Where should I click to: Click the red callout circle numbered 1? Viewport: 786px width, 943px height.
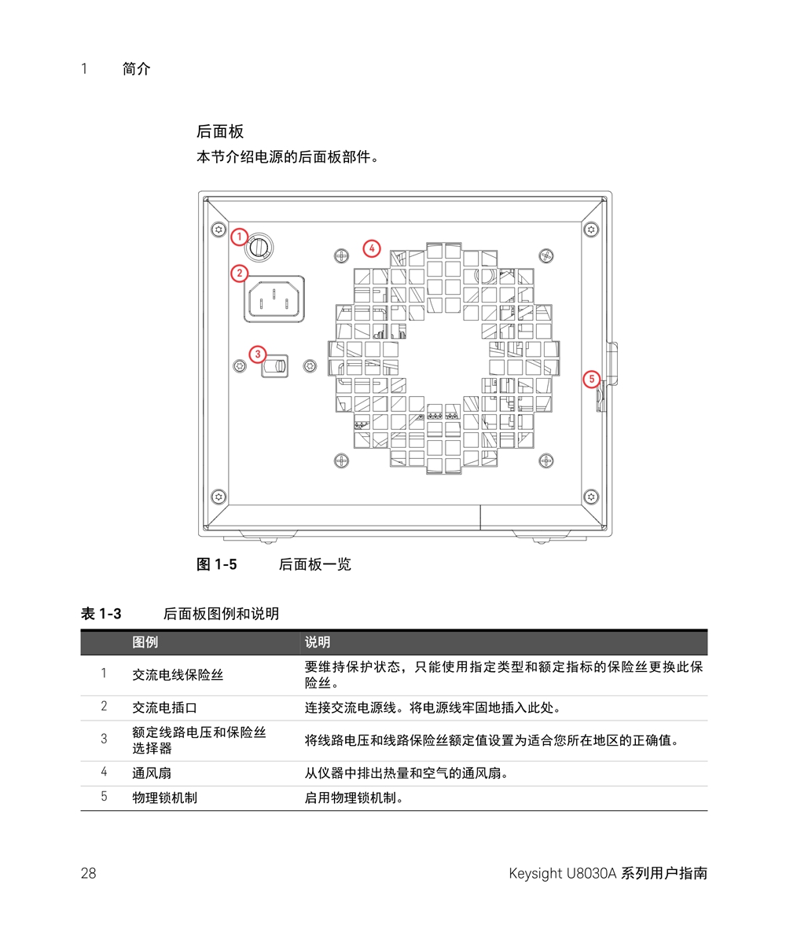coord(240,236)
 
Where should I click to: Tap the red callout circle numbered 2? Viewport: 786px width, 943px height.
coord(239,273)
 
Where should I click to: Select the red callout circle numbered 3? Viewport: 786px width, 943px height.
coord(258,354)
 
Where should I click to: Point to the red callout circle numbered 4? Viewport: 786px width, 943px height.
coord(372,249)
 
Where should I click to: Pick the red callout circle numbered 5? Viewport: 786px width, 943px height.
coord(593,379)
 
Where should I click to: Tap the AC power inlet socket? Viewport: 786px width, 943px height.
coord(274,300)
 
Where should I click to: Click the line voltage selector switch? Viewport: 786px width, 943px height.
coord(275,366)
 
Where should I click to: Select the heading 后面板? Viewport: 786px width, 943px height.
coord(220,131)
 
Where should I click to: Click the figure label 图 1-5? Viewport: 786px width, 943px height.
coord(216,564)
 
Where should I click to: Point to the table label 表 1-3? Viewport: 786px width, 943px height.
coord(101,614)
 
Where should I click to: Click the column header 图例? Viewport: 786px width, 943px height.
coord(145,643)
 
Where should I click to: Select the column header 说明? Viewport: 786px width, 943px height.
coord(318,643)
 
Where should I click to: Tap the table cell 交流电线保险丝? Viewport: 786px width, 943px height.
coord(178,674)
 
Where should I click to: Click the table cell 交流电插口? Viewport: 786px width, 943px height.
coord(164,707)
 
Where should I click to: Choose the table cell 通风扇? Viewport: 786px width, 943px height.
coord(152,773)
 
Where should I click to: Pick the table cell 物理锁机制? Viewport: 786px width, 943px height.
coord(164,798)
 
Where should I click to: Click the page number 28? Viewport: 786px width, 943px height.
coord(88,873)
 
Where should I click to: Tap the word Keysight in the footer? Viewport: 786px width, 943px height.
coord(534,873)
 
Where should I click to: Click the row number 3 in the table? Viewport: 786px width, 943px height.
coord(104,739)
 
